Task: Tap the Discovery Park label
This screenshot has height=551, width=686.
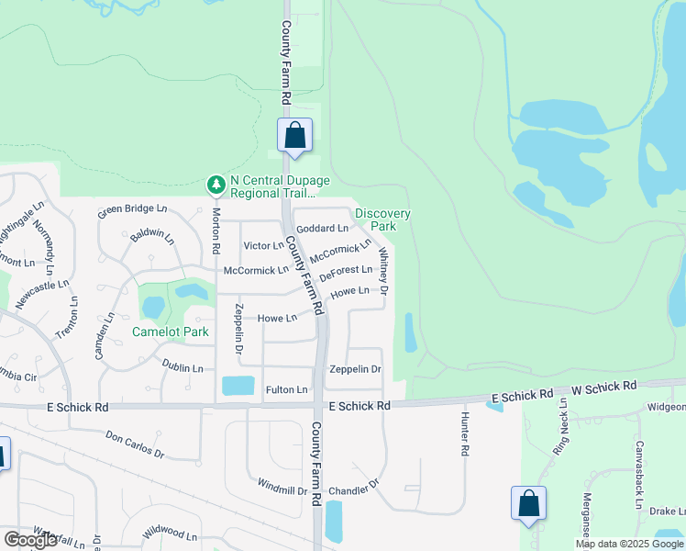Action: [382, 219]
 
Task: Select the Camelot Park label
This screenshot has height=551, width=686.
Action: [171, 332]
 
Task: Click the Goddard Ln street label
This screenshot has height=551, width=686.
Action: [324, 228]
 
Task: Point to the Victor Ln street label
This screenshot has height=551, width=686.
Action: [264, 246]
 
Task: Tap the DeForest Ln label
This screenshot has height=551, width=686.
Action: [346, 271]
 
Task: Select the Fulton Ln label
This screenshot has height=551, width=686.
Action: [286, 390]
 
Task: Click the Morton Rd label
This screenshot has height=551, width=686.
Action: [216, 231]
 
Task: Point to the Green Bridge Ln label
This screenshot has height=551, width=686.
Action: [133, 209]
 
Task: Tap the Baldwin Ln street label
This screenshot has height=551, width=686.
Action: [152, 237]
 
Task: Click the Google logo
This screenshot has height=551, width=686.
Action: [30, 540]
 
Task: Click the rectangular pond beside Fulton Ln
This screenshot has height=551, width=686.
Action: [238, 385]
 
